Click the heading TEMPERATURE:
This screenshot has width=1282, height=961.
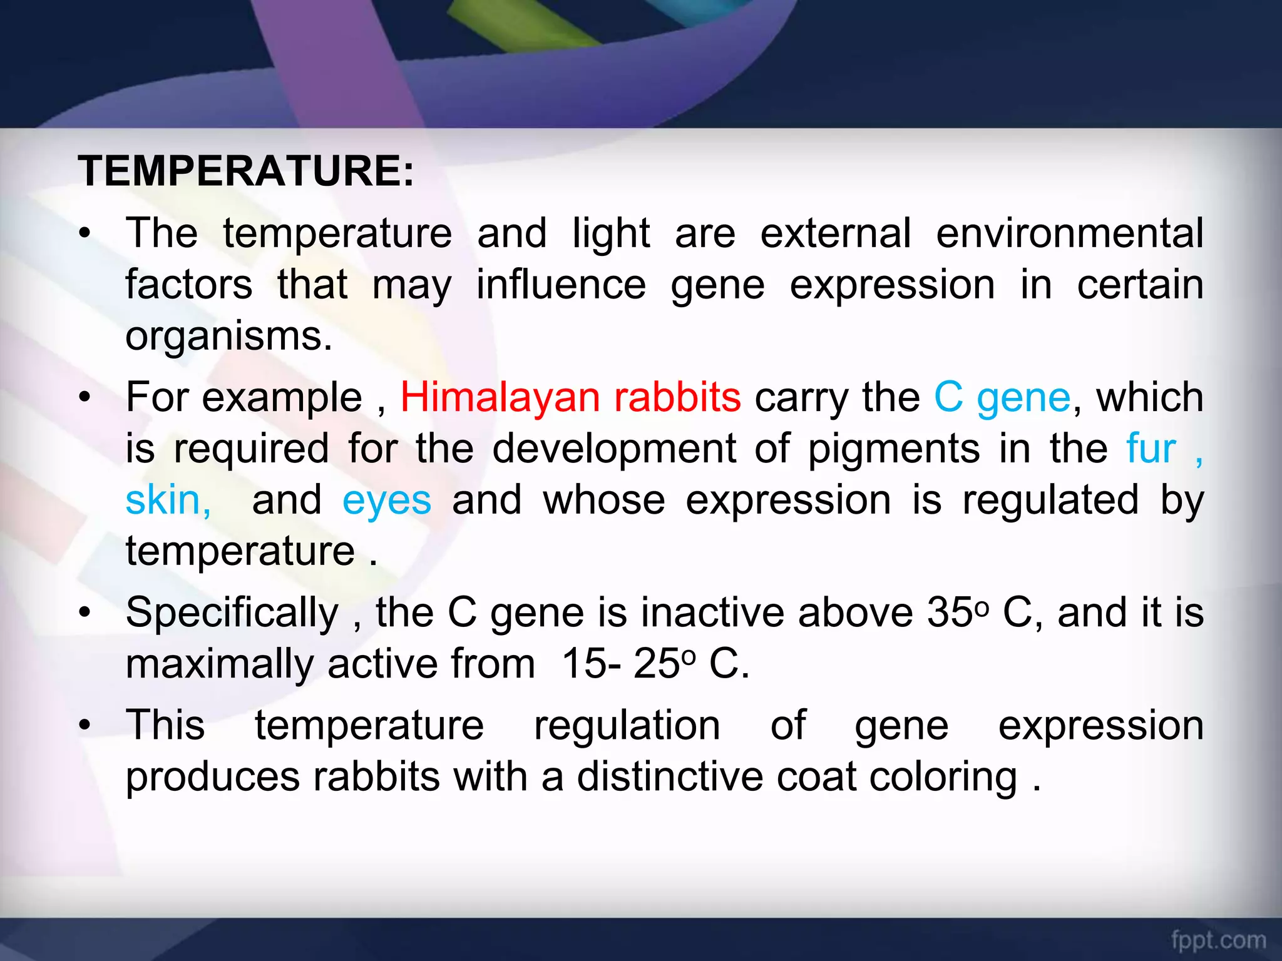click(245, 171)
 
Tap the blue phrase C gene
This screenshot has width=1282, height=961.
click(1002, 398)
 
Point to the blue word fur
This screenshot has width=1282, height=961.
click(1151, 449)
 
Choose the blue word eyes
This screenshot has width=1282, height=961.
click(387, 501)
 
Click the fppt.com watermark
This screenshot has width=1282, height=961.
click(1218, 940)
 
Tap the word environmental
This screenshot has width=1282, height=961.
click(1069, 233)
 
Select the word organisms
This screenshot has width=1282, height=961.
click(228, 337)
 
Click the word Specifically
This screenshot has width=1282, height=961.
click(232, 613)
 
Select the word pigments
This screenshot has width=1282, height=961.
click(894, 449)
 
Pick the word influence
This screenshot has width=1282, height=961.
click(561, 285)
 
